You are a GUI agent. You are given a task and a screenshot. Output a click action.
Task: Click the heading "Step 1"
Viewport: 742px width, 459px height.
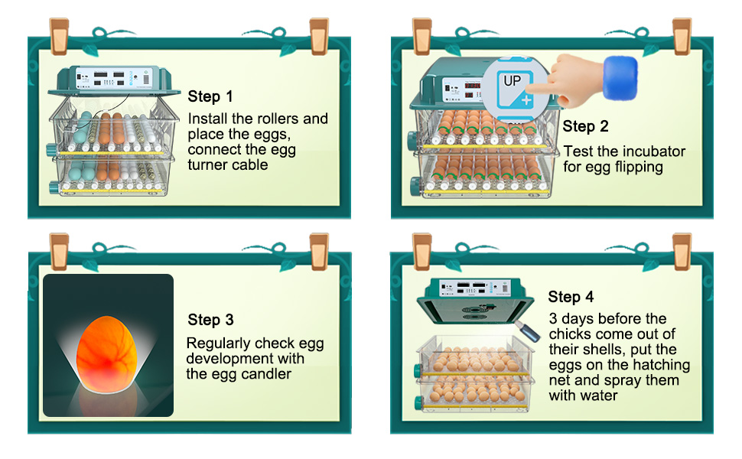point(210,96)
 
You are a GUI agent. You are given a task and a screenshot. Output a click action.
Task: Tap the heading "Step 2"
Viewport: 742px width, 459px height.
point(585,126)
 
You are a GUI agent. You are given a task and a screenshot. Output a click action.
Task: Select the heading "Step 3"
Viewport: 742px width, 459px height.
point(210,320)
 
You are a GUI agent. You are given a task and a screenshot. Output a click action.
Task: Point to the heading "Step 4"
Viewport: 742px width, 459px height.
point(571,297)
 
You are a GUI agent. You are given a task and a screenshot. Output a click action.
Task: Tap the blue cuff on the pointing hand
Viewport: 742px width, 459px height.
point(620,78)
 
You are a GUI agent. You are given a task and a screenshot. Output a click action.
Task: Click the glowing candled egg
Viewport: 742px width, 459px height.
point(106,354)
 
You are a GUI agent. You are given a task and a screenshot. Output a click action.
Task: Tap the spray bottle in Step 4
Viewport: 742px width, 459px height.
point(528,330)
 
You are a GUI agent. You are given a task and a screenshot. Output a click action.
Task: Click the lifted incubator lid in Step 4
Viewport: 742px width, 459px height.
point(475,301)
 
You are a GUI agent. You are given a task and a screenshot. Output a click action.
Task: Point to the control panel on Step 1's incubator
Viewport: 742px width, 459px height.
point(114,77)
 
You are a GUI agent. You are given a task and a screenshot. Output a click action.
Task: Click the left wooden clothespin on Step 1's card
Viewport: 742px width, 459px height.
point(59,36)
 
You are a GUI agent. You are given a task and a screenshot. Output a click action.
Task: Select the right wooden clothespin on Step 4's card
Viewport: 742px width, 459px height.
point(682,251)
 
